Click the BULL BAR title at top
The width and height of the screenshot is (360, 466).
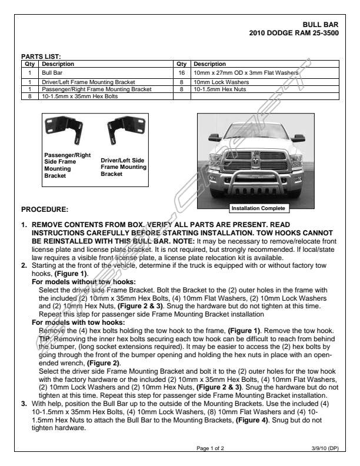click(321, 25)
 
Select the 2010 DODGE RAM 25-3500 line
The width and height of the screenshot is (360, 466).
click(294, 32)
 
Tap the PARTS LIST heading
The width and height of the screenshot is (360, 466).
click(41, 57)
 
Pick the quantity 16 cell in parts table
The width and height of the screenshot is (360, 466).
click(182, 73)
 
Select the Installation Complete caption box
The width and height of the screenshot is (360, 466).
click(258, 208)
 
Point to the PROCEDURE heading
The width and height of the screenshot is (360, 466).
click(45, 209)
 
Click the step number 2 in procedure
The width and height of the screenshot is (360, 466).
click(24, 266)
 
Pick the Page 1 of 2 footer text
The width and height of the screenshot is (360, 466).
click(210, 448)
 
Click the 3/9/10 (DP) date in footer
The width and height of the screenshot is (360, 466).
click(325, 448)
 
